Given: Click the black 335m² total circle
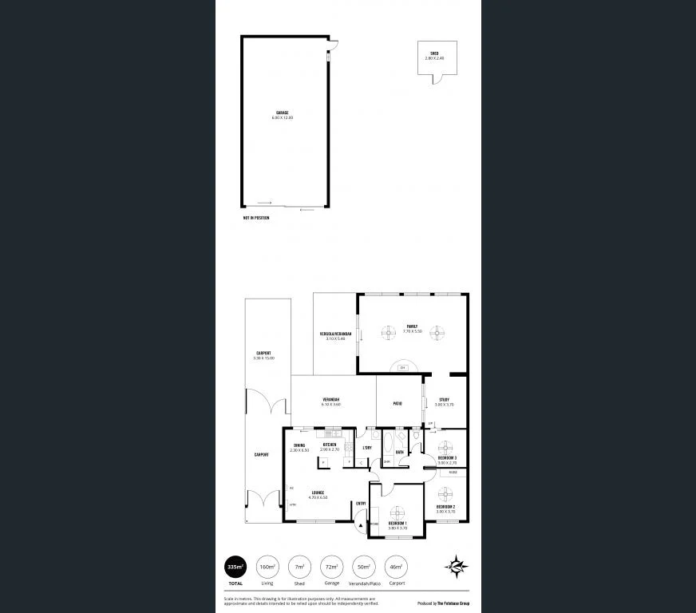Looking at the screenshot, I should pyautogui.click(x=235, y=567).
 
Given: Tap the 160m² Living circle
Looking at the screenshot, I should pyautogui.click(x=267, y=567).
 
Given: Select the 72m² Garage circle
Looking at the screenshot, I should pyautogui.click(x=331, y=567).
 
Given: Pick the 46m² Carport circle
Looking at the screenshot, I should pyautogui.click(x=396, y=567).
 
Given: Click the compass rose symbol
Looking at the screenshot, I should pyautogui.click(x=457, y=566).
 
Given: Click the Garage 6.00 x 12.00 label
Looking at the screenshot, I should pyautogui.click(x=283, y=115).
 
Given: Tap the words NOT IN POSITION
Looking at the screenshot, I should pyautogui.click(x=256, y=218).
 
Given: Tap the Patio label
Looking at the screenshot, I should pyautogui.click(x=397, y=403).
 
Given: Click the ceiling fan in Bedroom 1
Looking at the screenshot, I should pyautogui.click(x=397, y=512).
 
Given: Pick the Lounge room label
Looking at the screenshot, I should pyautogui.click(x=318, y=494).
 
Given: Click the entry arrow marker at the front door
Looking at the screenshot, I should pyautogui.click(x=361, y=525).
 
